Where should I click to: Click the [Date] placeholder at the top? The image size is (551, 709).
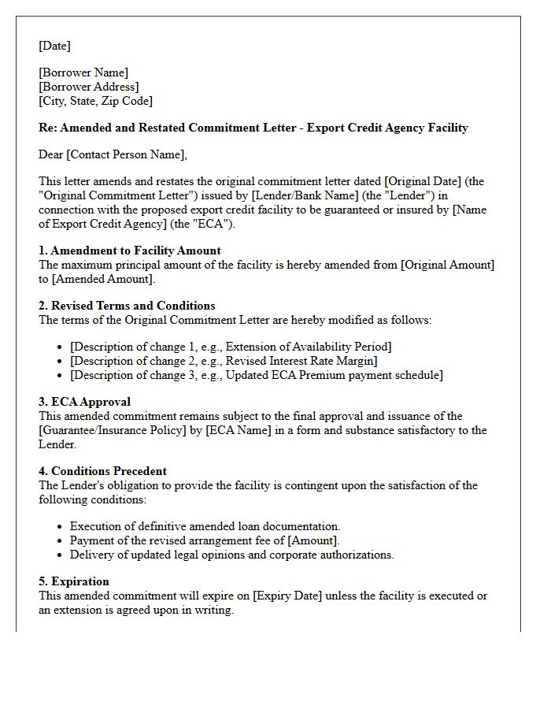(x=54, y=46)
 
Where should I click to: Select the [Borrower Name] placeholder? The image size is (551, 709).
(x=83, y=73)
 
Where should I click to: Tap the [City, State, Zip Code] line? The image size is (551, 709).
(x=95, y=101)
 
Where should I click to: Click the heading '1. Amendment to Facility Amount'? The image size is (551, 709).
(x=130, y=251)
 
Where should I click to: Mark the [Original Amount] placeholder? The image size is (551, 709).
(x=447, y=265)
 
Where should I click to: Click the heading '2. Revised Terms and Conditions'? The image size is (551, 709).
(x=127, y=306)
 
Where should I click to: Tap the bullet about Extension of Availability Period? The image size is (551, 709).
(x=231, y=347)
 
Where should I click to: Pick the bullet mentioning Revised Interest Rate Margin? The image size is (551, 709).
(x=224, y=361)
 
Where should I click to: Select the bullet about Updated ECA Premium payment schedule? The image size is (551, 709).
(x=256, y=375)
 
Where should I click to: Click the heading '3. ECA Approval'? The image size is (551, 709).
(x=85, y=402)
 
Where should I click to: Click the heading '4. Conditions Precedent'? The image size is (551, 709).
(x=103, y=471)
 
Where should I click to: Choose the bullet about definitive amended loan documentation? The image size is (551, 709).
(x=205, y=526)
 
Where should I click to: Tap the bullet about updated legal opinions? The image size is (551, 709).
(x=231, y=555)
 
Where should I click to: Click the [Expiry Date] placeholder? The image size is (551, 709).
(x=284, y=596)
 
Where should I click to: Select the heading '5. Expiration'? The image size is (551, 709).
(x=74, y=581)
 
